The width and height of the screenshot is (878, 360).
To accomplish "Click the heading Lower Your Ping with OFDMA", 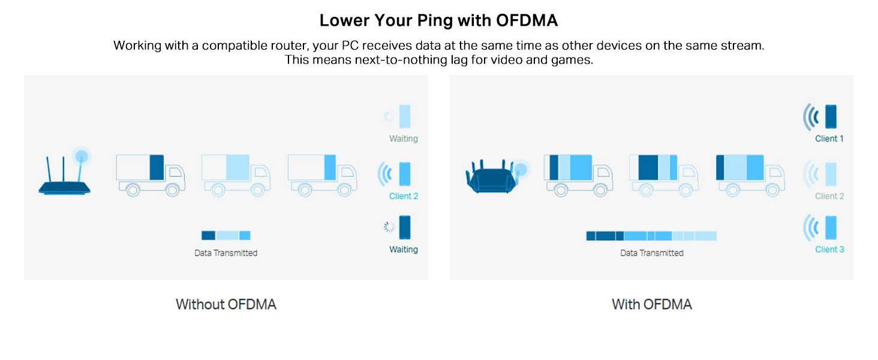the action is (x=438, y=20).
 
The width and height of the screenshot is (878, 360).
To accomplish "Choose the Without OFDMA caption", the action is (x=226, y=304).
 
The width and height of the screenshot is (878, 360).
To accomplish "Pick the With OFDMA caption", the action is (x=652, y=304).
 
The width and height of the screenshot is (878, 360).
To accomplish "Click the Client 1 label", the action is (x=829, y=139).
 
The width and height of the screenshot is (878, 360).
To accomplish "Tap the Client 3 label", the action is (x=829, y=250).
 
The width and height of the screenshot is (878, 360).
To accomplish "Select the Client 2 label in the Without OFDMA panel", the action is (x=404, y=196).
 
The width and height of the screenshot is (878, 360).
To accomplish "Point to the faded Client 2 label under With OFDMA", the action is (x=829, y=196).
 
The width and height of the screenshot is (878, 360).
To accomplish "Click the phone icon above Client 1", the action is (x=831, y=116).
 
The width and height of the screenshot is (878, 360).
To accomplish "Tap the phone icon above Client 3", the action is (x=831, y=228).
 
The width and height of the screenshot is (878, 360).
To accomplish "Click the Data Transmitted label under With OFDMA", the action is (x=652, y=253).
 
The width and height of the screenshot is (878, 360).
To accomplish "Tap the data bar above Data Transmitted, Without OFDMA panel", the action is (x=226, y=236).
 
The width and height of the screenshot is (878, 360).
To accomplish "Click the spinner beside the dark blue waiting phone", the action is (x=390, y=227).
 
